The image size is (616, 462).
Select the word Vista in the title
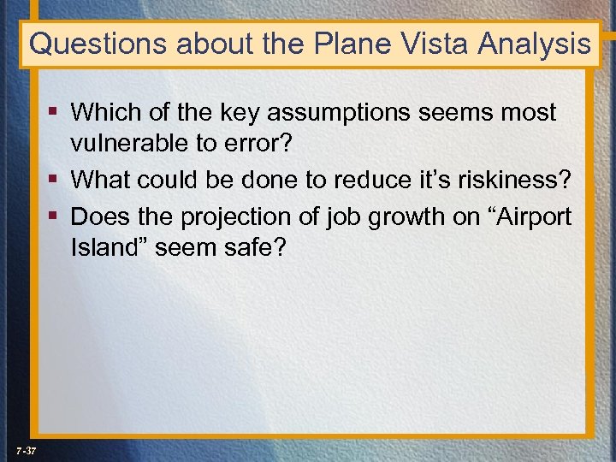[x=428, y=44]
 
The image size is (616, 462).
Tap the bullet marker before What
[x=53, y=181]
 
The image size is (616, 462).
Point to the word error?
[x=262, y=146]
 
